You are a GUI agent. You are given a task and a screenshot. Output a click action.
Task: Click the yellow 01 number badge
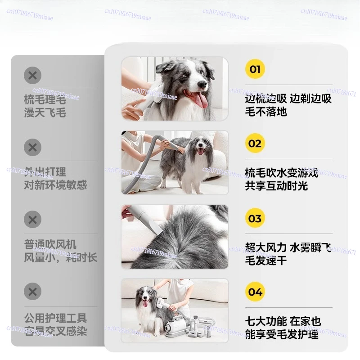(255, 69)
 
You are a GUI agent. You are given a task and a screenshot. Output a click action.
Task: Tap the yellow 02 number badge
(255, 144)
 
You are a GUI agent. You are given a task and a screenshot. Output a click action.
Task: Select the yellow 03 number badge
(255, 218)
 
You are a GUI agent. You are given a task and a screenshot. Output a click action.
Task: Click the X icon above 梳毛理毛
(32, 75)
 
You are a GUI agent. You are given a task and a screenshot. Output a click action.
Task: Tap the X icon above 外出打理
(32, 148)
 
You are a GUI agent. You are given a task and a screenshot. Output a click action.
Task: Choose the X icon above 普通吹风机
(32, 220)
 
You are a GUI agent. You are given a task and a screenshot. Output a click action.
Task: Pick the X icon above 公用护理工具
(32, 292)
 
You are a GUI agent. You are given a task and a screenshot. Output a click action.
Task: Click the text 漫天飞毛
(45, 112)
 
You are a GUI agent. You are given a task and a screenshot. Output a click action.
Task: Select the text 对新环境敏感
(55, 184)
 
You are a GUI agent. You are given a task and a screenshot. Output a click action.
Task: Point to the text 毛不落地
(266, 111)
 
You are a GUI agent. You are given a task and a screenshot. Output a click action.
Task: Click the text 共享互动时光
(276, 185)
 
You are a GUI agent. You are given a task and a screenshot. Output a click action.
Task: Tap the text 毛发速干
(266, 260)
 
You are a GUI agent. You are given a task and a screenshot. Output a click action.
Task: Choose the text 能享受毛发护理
(282, 334)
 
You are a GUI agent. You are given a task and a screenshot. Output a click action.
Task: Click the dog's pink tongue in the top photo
(201, 100)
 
